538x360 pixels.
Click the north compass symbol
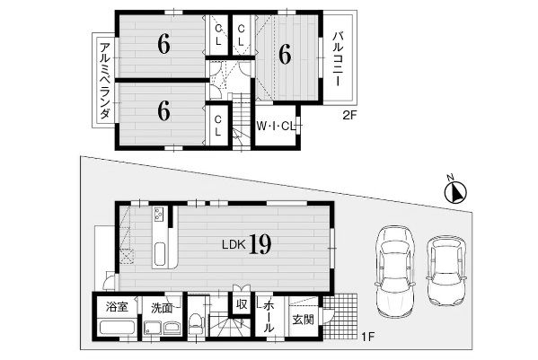(x=455, y=191)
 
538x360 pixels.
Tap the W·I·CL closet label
(x=276, y=127)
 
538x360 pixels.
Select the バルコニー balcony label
(x=339, y=58)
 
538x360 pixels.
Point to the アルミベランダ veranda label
(x=105, y=80)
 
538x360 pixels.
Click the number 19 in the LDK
(x=260, y=244)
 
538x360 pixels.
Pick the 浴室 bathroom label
(x=117, y=307)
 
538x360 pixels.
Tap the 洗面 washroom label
(x=162, y=308)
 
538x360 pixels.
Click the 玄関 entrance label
(x=303, y=320)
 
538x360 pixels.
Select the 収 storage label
(x=242, y=303)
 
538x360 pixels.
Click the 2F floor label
(x=349, y=116)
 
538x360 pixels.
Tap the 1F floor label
(x=367, y=337)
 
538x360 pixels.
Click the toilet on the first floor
(x=196, y=323)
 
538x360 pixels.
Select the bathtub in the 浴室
(x=117, y=327)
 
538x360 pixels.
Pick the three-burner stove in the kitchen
(x=158, y=215)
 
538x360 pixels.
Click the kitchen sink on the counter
(x=160, y=254)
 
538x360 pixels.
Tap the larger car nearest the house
(x=395, y=271)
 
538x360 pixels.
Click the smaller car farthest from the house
(x=446, y=270)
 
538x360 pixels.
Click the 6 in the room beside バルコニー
(x=285, y=55)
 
